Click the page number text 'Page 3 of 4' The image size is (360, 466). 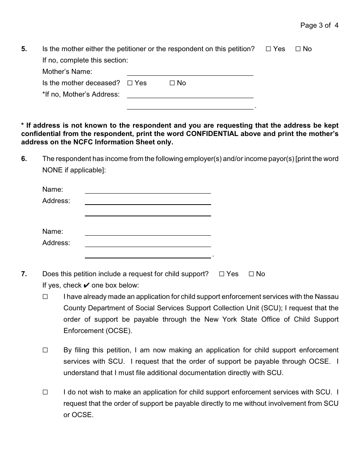tap(319, 26)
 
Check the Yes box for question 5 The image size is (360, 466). tap(268, 49)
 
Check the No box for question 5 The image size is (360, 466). tap(298, 49)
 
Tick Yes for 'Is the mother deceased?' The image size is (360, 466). tap(130, 83)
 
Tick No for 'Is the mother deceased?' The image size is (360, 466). tap(172, 83)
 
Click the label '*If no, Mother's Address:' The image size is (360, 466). tap(81, 94)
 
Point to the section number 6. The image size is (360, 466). tap(24, 159)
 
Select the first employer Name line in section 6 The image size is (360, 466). tap(148, 191)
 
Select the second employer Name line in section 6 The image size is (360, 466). tap(148, 233)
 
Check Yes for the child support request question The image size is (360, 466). tap(222, 274)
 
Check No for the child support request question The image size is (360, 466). tap(251, 274)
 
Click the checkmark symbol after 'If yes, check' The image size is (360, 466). tap(86, 285)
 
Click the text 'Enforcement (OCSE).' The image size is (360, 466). tap(98, 331)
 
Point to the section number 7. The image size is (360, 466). tap(24, 274)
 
